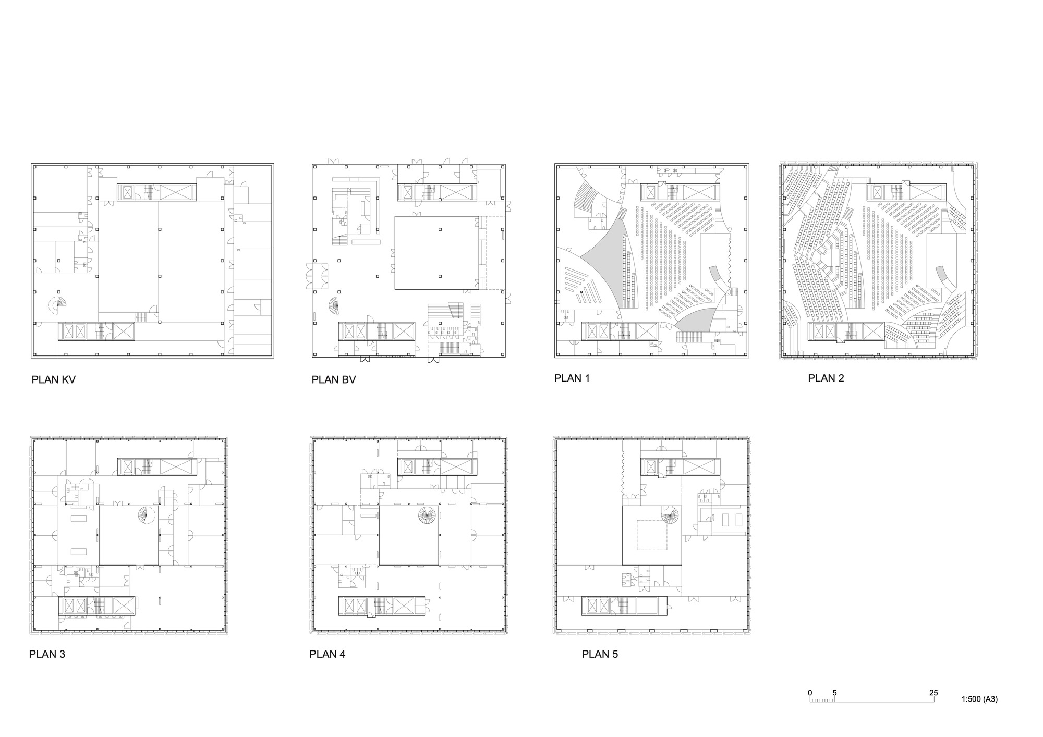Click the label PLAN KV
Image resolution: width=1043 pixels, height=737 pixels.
pos(53,379)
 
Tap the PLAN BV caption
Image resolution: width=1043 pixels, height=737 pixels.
pos(334,379)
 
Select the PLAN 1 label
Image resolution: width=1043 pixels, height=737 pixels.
pos(572,378)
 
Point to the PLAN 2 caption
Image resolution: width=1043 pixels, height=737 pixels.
pos(826,378)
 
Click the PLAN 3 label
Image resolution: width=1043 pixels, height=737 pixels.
pos(47,654)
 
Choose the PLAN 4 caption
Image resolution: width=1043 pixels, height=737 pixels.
pos(328,654)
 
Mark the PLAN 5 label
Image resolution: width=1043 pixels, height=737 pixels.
pos(600,654)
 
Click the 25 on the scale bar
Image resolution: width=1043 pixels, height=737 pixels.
pos(933,693)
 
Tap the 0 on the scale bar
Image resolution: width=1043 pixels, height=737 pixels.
pos(810,693)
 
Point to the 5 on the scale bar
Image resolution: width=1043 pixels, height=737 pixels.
pos(834,693)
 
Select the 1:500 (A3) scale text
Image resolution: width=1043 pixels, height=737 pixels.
pos(979,699)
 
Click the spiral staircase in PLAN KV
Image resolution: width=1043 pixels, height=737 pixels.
pos(58,304)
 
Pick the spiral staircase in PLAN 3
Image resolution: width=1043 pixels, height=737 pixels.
pos(147,515)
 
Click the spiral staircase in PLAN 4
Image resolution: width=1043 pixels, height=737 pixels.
pos(427,515)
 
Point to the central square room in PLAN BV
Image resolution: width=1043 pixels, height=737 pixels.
pos(436,253)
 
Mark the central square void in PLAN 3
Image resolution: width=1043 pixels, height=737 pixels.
pos(128,535)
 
